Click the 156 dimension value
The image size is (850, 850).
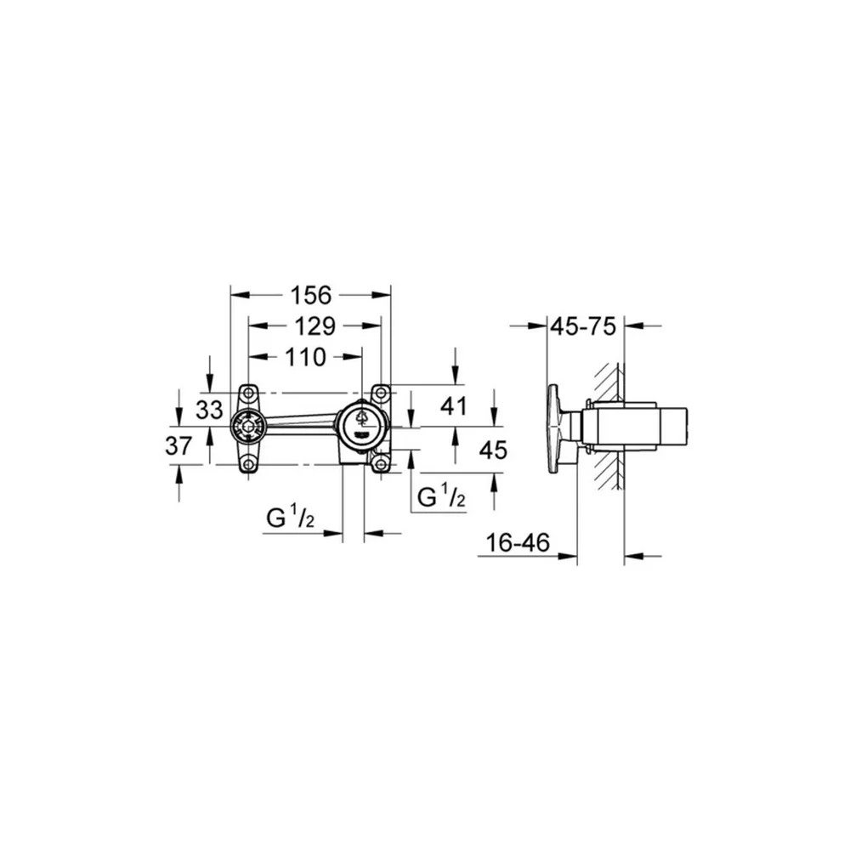[x=310, y=296]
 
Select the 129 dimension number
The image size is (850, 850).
[x=315, y=326]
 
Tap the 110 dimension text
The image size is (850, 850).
[x=306, y=357]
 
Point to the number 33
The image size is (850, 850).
[x=209, y=410]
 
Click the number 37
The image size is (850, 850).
[x=178, y=445]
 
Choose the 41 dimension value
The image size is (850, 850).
[x=454, y=405]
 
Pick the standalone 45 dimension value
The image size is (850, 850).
[x=493, y=450]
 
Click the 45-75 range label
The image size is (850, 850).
[x=584, y=326]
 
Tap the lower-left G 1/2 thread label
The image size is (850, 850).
[x=291, y=517]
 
